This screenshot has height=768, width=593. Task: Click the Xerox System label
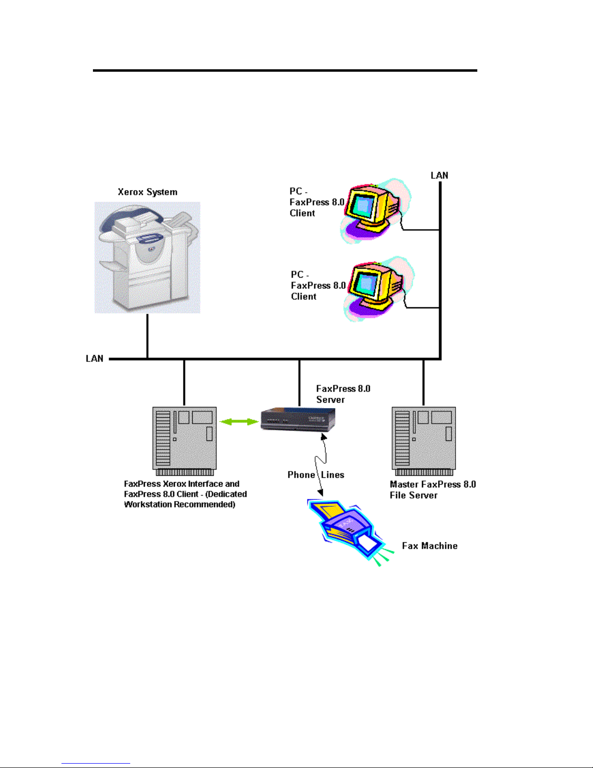click(x=148, y=192)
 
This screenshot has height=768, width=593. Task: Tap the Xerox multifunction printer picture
click(x=147, y=257)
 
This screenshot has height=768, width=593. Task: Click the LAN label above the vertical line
click(x=440, y=175)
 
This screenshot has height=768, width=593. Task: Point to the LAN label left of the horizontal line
click(x=94, y=359)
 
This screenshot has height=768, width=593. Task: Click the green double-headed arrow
click(x=239, y=422)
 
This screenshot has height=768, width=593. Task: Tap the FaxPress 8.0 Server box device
click(x=298, y=420)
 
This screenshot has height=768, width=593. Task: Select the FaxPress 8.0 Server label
click(x=343, y=394)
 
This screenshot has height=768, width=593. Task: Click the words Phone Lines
click(x=316, y=475)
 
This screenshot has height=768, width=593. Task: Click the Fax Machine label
click(x=429, y=546)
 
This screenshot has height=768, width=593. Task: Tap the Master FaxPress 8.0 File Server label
click(x=433, y=489)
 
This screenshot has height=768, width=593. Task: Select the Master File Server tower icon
click(x=424, y=441)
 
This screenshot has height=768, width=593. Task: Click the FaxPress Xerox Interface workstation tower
click(x=184, y=441)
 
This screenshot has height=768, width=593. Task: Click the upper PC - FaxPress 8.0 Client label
click(x=317, y=202)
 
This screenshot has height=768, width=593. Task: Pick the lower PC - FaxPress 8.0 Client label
click(x=318, y=285)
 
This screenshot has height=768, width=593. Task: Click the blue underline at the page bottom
click(x=96, y=764)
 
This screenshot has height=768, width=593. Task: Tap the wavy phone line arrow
click(x=320, y=464)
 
